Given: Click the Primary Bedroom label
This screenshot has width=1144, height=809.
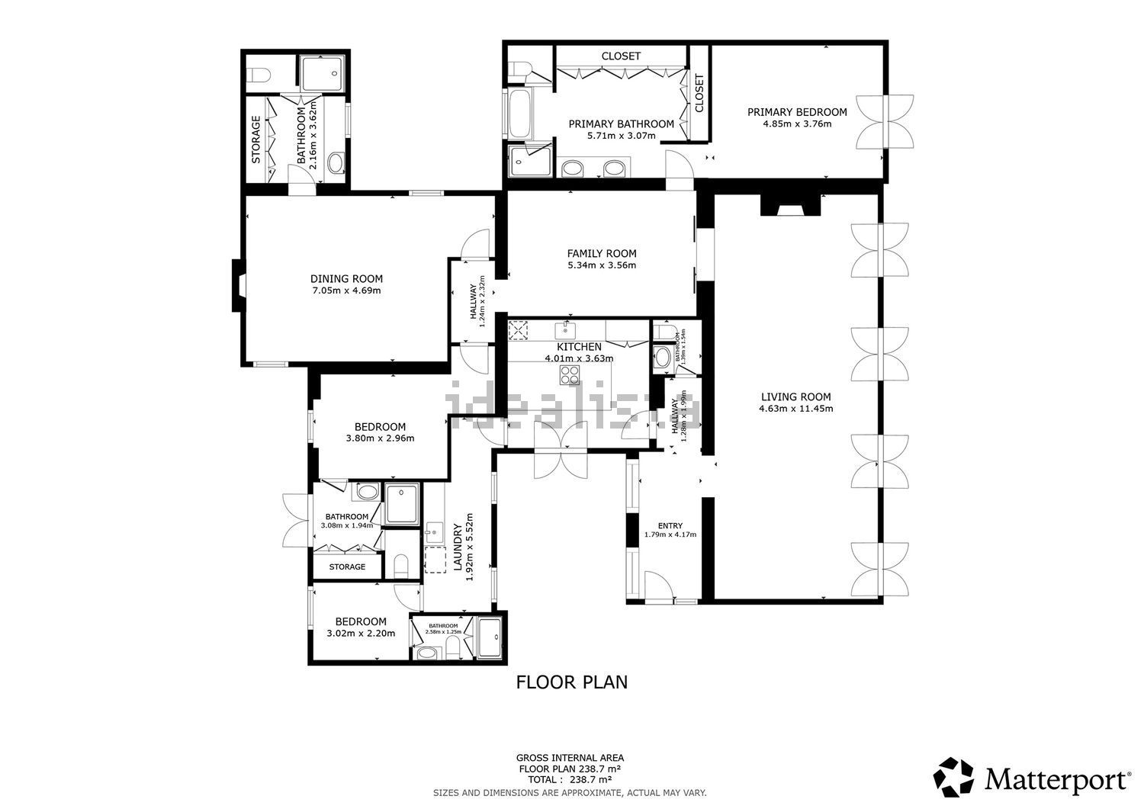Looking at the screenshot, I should (797, 111).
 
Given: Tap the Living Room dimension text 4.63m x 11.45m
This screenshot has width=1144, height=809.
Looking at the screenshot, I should (795, 409).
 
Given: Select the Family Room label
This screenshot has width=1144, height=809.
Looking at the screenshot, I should (601, 253).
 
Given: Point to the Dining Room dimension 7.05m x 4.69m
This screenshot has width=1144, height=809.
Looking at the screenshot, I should (346, 291).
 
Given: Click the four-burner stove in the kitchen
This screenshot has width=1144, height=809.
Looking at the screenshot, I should (570, 374).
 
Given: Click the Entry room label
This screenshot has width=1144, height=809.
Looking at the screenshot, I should (670, 525).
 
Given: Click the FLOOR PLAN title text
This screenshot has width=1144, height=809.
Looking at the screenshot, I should (572, 682).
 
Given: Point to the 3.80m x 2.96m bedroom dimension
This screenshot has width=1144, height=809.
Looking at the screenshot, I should (380, 438).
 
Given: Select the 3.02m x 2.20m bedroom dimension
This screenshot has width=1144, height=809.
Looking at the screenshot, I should (361, 633).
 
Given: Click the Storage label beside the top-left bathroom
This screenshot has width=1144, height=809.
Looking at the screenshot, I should (256, 140).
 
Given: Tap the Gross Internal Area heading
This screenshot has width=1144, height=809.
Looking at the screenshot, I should (570, 757).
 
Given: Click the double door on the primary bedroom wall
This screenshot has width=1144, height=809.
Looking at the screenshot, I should (885, 122).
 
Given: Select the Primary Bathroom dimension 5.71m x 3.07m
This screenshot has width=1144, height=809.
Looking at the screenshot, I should (621, 136).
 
